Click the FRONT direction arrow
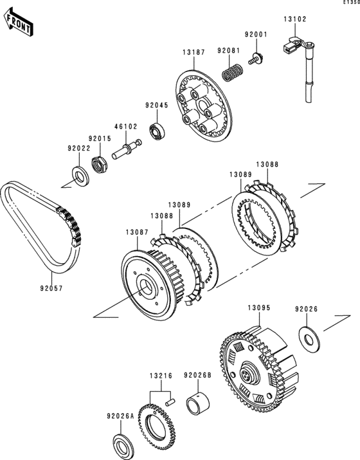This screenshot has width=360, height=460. [18, 22]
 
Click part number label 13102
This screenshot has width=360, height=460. [294, 19]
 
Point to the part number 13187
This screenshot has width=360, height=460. [194, 52]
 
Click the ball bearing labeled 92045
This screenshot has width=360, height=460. [157, 131]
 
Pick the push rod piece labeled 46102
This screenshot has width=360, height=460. [127, 149]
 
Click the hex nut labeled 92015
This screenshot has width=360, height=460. [99, 165]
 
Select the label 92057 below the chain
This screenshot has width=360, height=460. [51, 288]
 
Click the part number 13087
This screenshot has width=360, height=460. [137, 232]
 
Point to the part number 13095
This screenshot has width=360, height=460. [259, 308]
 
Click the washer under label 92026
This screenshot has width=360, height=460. [309, 339]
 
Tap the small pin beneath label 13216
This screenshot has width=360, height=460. [170, 402]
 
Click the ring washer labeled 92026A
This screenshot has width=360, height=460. [123, 447]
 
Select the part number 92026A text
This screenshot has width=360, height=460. [120, 416]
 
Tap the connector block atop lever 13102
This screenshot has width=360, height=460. [290, 46]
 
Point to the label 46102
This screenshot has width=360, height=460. [125, 127]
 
